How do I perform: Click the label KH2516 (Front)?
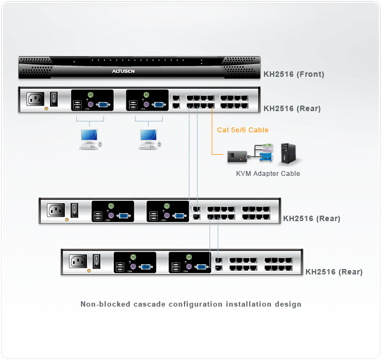pyautogui.click(x=293, y=74)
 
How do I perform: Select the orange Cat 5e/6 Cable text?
pyautogui.click(x=243, y=130)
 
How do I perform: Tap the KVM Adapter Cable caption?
pyautogui.click(x=268, y=174)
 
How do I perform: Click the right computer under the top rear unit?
pyautogui.click(x=149, y=138)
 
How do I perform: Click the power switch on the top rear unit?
pyautogui.click(x=54, y=99)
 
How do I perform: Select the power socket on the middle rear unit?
pyautogui.click(x=57, y=210)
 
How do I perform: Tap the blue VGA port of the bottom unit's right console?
pyautogui.click(x=200, y=267)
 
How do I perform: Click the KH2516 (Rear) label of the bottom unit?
pyautogui.click(x=334, y=271)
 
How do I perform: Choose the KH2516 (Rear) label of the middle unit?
pyautogui.click(x=311, y=218)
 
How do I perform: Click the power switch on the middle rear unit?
pyautogui.click(x=75, y=209)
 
